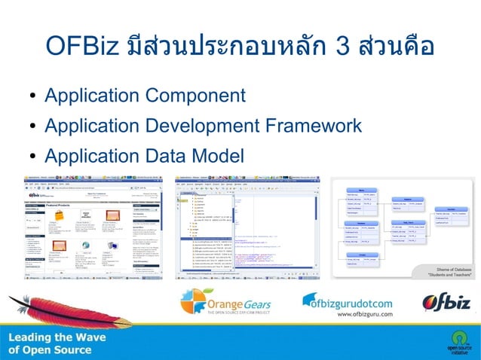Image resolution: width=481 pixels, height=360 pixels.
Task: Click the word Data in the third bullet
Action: (x=164, y=156)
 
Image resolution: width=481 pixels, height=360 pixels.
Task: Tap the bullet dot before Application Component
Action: (x=33, y=97)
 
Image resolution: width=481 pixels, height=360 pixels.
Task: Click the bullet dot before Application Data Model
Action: (x=33, y=157)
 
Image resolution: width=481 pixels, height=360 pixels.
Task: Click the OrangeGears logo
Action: (x=225, y=304)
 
